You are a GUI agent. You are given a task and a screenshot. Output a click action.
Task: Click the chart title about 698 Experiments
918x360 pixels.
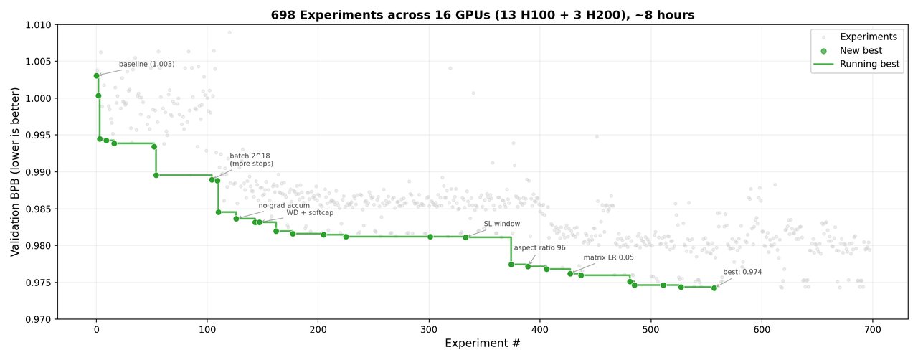tap(482, 15)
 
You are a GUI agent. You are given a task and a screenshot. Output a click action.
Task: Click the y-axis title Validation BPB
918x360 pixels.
tap(15, 171)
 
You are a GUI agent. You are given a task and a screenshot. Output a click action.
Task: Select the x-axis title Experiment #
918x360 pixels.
tap(482, 344)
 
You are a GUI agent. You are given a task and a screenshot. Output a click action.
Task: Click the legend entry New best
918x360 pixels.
tap(861, 51)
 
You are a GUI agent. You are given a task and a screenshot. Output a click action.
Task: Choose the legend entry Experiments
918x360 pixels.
tap(868, 37)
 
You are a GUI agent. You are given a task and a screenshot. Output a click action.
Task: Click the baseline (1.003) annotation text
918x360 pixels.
tap(146, 65)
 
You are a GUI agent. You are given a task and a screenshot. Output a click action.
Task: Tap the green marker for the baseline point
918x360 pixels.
tap(97, 75)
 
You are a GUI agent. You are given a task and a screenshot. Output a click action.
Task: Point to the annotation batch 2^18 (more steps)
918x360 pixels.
tap(250, 160)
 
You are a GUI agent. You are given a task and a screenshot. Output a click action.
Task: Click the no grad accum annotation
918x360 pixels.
tap(284, 205)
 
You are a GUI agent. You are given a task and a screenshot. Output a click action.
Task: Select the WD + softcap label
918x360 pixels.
tap(310, 213)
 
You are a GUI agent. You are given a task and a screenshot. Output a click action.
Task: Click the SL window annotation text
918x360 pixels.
tap(501, 224)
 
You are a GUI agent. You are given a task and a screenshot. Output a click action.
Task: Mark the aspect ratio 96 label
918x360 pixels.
tap(539, 248)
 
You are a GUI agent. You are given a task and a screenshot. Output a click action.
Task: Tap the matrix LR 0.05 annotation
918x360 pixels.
tap(608, 257)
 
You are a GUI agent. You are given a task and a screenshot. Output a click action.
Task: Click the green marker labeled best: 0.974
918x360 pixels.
tap(714, 288)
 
